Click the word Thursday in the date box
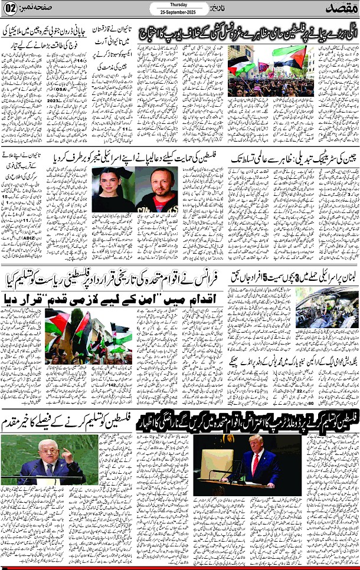(x=178, y=5)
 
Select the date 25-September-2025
(x=178, y=12)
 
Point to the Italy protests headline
(x=248, y=34)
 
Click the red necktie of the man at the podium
(x=255, y=465)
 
